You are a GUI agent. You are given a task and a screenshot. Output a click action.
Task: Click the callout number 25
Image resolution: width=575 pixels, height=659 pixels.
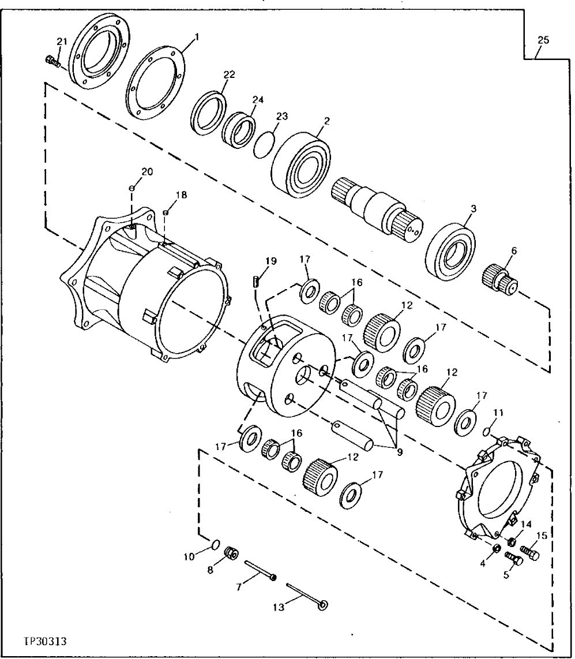point(543,40)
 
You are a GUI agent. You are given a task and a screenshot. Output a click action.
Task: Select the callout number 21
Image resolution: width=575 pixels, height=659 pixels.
point(62,40)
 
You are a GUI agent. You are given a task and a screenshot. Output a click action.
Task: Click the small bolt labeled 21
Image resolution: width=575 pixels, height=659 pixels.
point(52,61)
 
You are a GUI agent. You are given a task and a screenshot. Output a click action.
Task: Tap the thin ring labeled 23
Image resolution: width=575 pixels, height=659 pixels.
point(264,142)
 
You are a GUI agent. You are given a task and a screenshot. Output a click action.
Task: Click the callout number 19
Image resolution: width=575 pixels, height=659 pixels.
point(271,261)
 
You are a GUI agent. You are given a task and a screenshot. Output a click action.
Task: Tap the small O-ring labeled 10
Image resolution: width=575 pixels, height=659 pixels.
point(214,544)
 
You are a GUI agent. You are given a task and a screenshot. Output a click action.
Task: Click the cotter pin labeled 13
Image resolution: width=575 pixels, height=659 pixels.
point(306,596)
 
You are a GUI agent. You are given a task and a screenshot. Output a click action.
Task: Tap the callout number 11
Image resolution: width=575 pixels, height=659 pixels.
point(498,413)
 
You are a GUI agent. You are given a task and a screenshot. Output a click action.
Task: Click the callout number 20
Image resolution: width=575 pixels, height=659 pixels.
point(148,171)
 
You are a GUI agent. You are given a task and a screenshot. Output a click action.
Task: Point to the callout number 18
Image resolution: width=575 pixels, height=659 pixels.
point(181,196)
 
